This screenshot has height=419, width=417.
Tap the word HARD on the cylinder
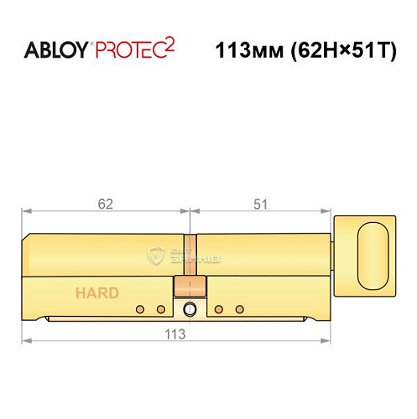pyautogui.click(x=97, y=293)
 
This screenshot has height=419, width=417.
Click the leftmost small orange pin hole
pyautogui.click(x=142, y=309)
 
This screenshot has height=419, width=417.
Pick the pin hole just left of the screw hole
pyautogui.click(x=161, y=309)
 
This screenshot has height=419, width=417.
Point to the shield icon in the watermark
pyautogui.click(x=153, y=254)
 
